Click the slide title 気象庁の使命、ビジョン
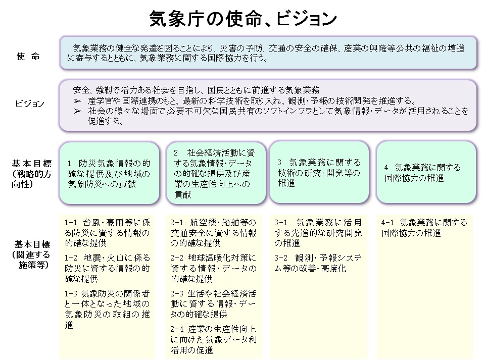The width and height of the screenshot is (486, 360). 243,19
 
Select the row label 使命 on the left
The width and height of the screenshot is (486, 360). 28,57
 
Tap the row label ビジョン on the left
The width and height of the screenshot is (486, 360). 29,104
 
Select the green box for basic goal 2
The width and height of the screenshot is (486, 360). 216,173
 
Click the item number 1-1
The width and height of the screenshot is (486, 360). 71,223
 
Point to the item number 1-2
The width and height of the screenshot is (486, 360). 71,257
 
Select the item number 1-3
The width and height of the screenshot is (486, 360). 71,293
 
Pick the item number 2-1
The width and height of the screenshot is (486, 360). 177,223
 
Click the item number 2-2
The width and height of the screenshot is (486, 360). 177,258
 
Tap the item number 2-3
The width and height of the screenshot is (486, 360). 177,293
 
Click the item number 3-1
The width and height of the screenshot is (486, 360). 281,223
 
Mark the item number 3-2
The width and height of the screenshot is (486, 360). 281,258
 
